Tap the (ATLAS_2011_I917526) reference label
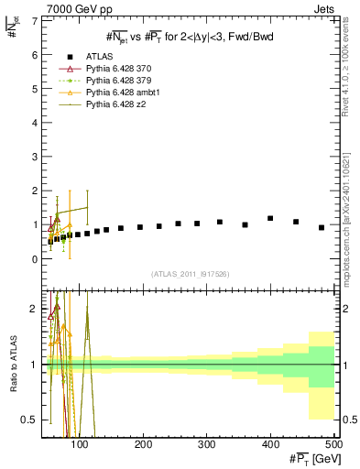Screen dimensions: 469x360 pyautogui.click(x=189, y=274)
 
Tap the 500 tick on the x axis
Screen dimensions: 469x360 pyautogui.click(x=333, y=443)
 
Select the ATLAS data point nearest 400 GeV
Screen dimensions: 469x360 pyautogui.click(x=270, y=218)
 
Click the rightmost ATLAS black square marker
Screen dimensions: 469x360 pyautogui.click(x=322, y=227)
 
